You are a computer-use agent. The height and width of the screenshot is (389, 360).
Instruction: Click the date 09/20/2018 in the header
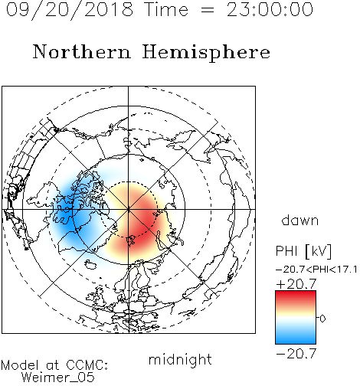(70, 10)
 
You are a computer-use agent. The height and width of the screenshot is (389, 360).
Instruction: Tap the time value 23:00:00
(270, 9)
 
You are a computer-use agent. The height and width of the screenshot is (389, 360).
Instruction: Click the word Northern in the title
(82, 52)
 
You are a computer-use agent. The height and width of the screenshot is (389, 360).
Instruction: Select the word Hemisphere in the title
(206, 53)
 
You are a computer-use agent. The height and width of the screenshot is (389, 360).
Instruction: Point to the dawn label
(300, 221)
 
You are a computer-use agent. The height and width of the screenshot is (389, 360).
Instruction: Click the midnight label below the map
(180, 360)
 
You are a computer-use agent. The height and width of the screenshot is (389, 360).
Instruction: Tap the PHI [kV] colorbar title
(303, 251)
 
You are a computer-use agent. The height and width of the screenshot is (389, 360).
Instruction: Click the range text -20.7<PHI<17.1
(316, 270)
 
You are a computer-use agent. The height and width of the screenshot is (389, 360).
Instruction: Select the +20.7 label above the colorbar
(296, 284)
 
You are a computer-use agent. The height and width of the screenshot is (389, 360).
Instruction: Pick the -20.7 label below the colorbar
(296, 354)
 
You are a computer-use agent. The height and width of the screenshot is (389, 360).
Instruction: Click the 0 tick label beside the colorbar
(322, 319)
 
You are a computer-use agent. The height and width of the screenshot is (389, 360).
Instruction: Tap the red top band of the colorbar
(296, 297)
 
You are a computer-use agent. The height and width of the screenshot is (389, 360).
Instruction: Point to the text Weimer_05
(58, 378)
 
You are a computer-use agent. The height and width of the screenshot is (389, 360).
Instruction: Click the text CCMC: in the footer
(87, 365)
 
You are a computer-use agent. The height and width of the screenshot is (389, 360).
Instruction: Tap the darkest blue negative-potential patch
(65, 213)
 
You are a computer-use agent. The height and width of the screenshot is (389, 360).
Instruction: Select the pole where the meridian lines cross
(129, 210)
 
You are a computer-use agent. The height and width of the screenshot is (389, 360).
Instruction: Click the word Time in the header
(166, 9)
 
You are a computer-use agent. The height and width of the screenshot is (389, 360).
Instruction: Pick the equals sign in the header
(208, 10)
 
